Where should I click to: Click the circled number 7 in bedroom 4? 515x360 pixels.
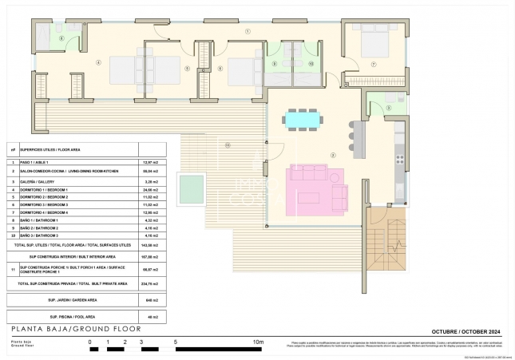373,63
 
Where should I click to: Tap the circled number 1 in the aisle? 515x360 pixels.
248,31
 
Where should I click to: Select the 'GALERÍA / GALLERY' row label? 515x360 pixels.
39,181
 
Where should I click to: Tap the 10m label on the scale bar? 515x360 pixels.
258,341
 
